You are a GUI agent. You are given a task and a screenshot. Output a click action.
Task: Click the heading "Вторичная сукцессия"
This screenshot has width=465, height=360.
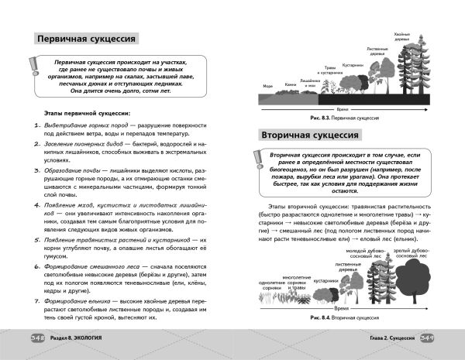(x=308, y=135)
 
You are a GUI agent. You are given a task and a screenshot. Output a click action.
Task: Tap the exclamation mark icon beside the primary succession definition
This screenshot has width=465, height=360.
(x=35, y=75)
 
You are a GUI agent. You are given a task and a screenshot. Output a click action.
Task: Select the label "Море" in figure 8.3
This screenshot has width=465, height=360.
(x=267, y=86)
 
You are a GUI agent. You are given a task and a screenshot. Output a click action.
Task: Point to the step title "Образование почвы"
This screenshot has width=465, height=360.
(x=70, y=167)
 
